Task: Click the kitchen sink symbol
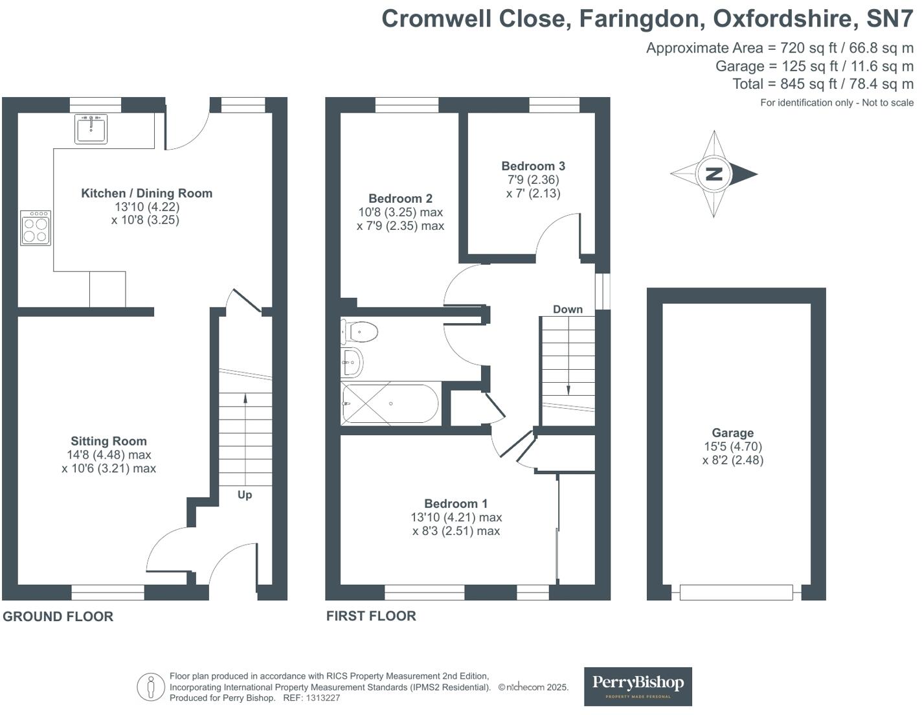[91, 128]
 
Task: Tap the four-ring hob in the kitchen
[36, 228]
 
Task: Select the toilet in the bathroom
[359, 332]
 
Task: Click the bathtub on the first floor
[390, 404]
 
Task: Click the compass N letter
[714, 174]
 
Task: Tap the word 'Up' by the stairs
[245, 495]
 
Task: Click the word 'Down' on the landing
[568, 310]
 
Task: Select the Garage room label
[733, 433]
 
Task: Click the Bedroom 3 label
[533, 166]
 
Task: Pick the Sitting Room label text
[109, 441]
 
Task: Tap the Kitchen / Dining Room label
[146, 193]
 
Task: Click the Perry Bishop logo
[638, 686]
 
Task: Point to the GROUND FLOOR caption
[58, 617]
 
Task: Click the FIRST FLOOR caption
[371, 616]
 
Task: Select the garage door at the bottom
[736, 592]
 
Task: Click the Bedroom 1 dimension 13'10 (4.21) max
[456, 517]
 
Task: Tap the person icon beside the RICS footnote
[151, 687]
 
